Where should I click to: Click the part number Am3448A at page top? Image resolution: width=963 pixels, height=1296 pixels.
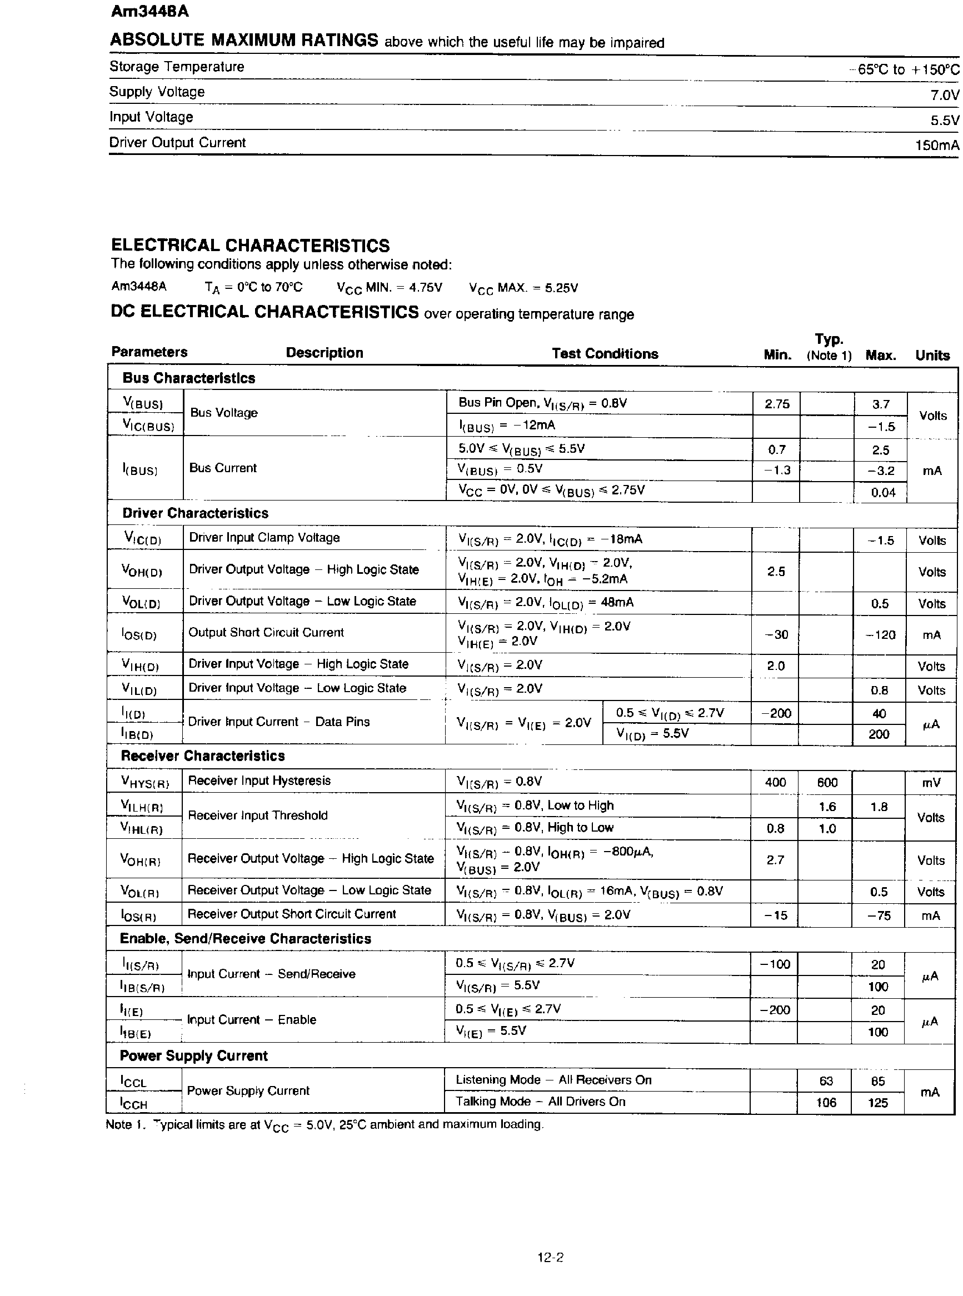[x=149, y=12]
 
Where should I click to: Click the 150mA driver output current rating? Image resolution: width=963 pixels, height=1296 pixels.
[x=936, y=145]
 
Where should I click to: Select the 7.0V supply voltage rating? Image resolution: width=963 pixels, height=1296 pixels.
[x=944, y=95]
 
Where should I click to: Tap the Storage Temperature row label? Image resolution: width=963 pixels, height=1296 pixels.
[x=177, y=67]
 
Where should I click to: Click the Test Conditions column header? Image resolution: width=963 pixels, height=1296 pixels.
[x=605, y=354]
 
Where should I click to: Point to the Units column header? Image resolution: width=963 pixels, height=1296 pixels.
[x=932, y=356]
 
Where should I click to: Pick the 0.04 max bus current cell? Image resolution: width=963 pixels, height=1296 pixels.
[x=882, y=492]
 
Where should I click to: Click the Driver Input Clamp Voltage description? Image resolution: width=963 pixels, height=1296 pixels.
[x=264, y=537]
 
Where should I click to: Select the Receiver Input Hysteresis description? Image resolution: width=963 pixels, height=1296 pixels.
[x=259, y=780]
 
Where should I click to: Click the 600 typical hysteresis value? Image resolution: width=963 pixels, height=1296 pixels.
[x=827, y=783]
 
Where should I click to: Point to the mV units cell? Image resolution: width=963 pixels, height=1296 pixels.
[x=931, y=783]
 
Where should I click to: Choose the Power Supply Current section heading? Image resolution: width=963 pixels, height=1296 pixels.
[x=193, y=1055]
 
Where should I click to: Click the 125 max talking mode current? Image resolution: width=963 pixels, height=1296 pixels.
[x=877, y=1103]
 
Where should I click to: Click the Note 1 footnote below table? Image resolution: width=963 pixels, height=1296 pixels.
[x=324, y=1124]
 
